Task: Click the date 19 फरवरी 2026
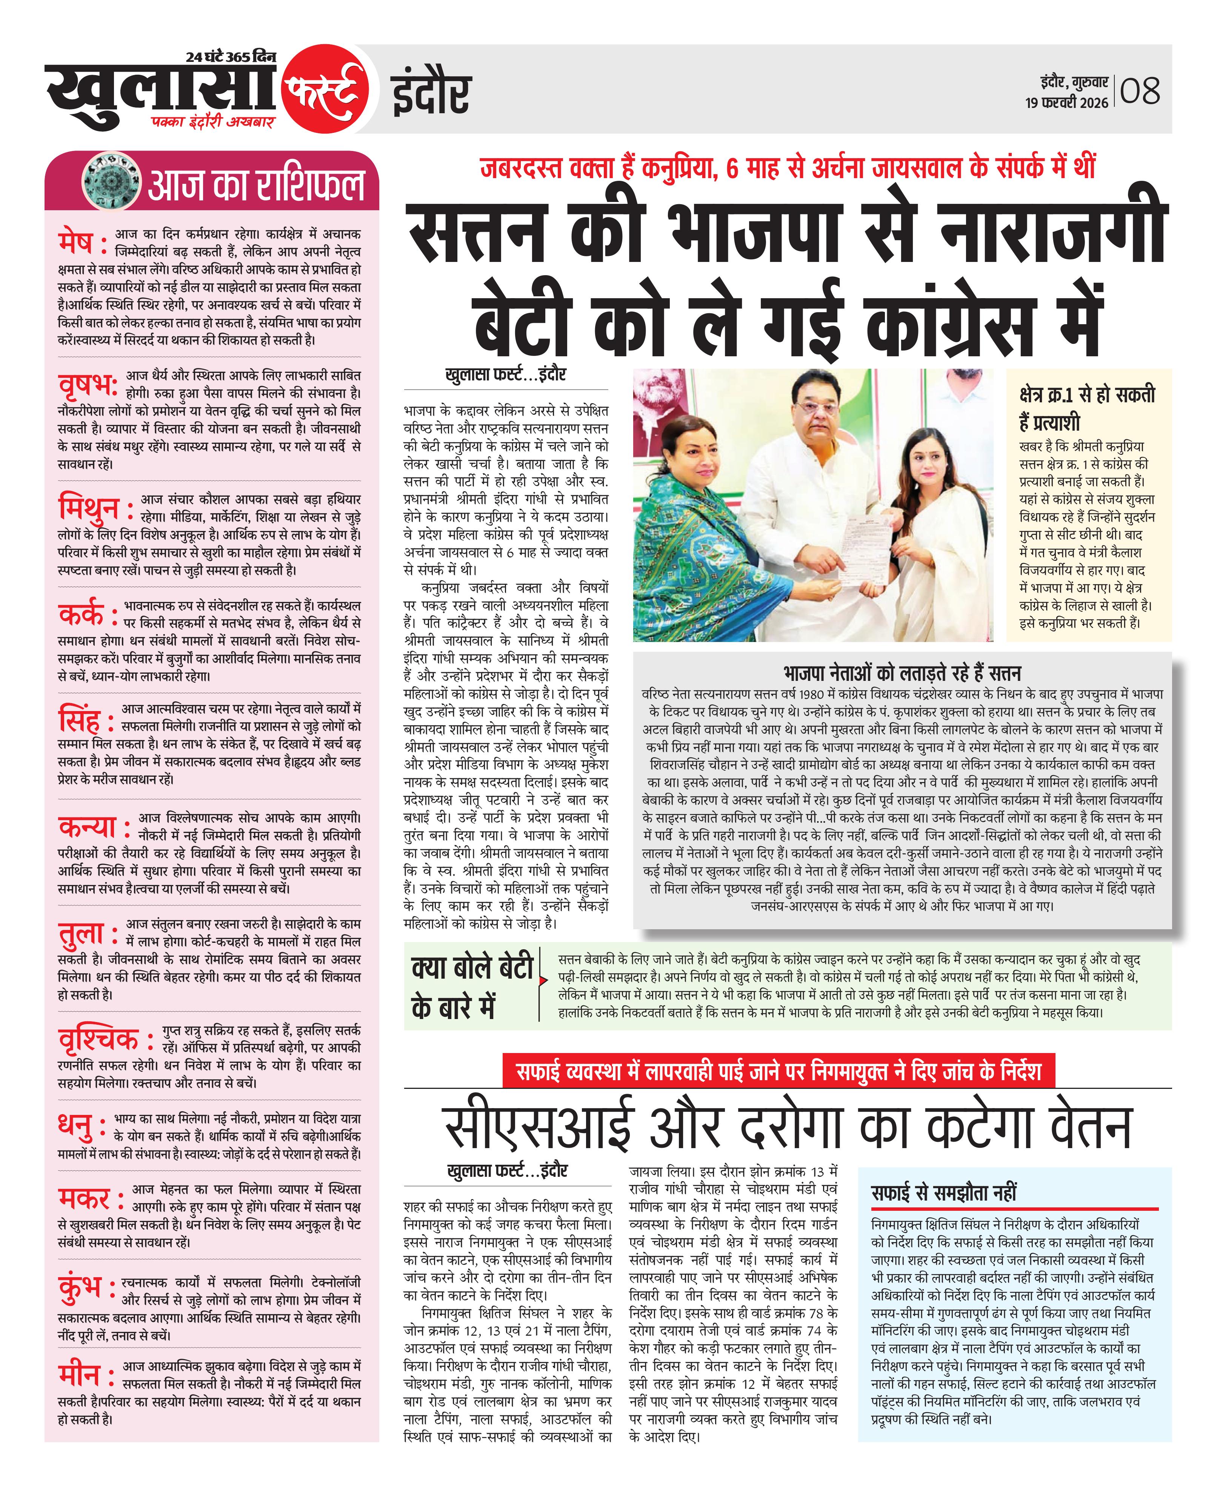click(x=1067, y=103)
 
